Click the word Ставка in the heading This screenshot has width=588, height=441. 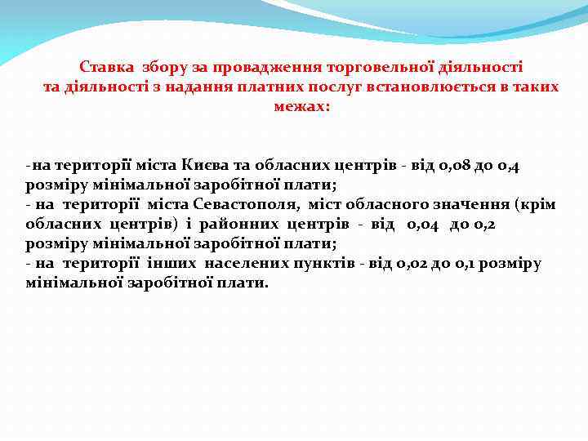click(107, 66)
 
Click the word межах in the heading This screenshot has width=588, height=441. click(299, 106)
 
